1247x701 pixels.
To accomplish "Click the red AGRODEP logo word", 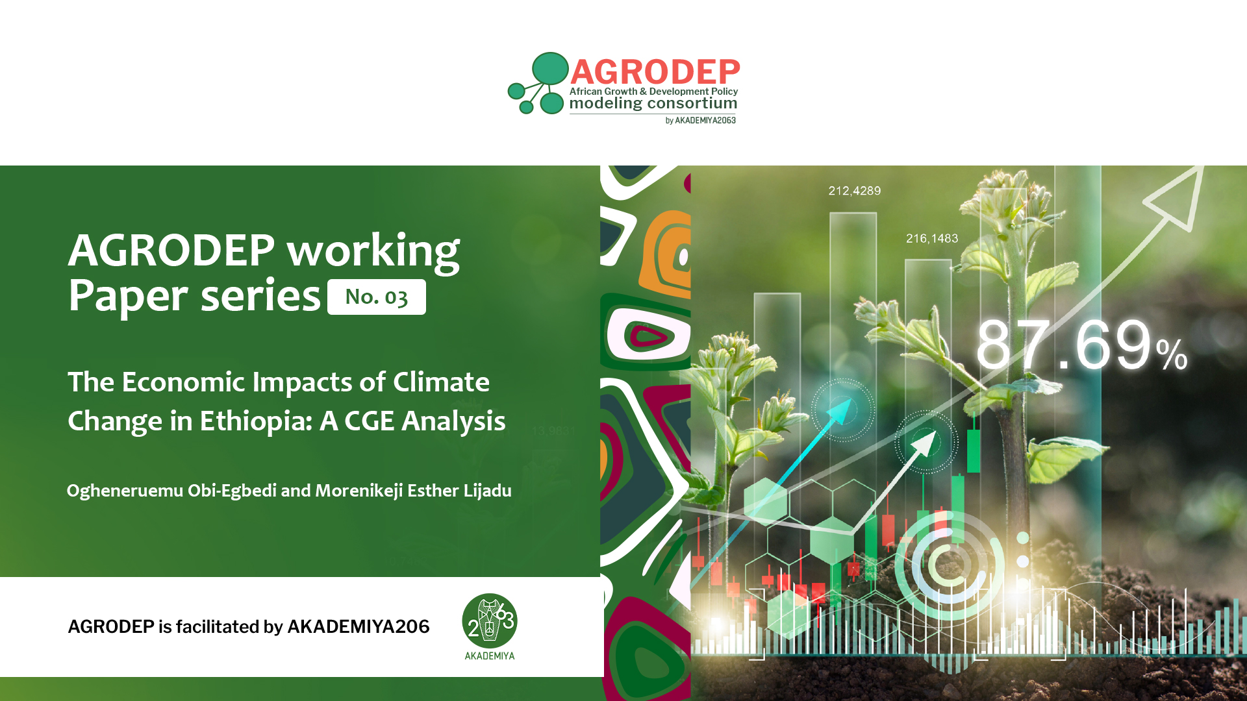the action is point(655,71).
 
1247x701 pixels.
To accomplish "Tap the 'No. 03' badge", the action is point(377,297).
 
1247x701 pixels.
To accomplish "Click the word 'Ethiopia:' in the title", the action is point(256,421).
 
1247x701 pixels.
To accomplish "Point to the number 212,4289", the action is point(855,191).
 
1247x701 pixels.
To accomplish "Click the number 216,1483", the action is point(932,238).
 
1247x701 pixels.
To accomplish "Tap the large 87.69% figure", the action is point(1081,345).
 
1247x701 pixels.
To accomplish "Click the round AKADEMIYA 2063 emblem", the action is point(490,621).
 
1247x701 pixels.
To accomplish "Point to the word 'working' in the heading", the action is point(373,251).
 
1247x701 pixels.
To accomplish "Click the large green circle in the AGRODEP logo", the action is point(550,69).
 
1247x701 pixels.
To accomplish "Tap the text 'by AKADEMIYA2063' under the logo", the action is point(701,121).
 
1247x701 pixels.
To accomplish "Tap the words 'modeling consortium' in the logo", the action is point(653,103).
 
